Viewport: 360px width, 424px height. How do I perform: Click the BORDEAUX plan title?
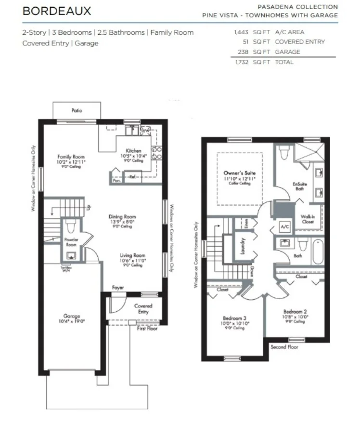tap(56, 11)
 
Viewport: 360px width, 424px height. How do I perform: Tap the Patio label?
tap(77, 110)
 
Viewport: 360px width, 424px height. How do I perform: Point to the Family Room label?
tap(71, 157)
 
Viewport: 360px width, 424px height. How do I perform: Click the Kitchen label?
tap(133, 151)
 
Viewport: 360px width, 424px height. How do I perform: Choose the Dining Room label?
tap(122, 217)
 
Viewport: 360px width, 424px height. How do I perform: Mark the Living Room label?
tap(132, 256)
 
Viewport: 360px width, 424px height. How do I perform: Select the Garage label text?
tap(72, 317)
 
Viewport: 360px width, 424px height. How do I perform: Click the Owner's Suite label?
tap(240, 172)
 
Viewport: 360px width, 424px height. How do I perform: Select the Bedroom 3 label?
tap(235, 318)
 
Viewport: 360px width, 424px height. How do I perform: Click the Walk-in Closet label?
tap(308, 219)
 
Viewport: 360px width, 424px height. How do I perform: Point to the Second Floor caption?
tap(284, 347)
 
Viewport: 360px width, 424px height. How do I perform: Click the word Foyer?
tap(117, 288)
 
